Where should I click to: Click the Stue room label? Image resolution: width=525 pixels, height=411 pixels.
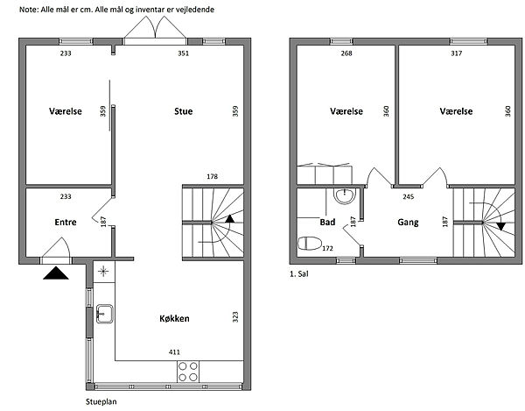(x=184, y=111)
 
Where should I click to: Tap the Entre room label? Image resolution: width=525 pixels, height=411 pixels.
(x=66, y=223)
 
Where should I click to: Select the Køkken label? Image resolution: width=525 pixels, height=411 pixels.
(x=174, y=318)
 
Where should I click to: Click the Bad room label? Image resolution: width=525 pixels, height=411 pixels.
(x=327, y=222)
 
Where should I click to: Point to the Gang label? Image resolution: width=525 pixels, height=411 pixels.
(x=408, y=223)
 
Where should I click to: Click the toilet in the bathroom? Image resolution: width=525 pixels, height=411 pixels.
(x=310, y=244)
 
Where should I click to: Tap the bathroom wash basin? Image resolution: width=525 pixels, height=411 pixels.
(x=345, y=195)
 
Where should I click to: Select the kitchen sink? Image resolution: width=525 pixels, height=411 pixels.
(x=105, y=314)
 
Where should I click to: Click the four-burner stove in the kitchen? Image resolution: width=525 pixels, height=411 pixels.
(x=188, y=372)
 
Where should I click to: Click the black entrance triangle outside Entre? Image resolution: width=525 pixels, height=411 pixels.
(x=56, y=273)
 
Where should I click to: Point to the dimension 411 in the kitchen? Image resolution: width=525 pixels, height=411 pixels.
(x=174, y=352)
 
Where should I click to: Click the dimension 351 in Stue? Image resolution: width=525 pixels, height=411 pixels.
(x=184, y=53)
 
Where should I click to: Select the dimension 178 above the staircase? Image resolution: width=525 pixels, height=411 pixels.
(x=213, y=176)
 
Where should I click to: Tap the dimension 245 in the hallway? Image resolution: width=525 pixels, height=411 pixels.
(x=409, y=197)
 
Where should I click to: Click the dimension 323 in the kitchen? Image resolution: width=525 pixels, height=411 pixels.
(x=235, y=317)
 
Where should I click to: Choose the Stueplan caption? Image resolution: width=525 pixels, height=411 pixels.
(x=101, y=401)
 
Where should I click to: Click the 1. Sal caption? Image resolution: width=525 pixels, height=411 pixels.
(x=299, y=274)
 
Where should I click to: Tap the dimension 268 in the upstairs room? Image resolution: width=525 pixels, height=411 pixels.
(x=346, y=53)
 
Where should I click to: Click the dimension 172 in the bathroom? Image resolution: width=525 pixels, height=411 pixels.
(x=327, y=248)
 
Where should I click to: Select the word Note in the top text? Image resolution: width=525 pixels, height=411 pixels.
(x=28, y=10)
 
